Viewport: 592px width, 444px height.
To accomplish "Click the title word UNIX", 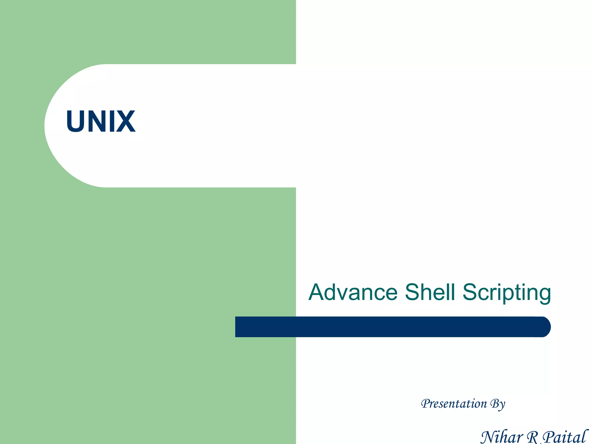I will click(101, 121).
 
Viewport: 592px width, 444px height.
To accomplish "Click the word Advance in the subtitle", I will click(353, 292).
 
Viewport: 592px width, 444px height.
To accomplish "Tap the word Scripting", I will click(506, 293).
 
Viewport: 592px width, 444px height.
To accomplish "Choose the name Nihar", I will click(501, 436).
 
